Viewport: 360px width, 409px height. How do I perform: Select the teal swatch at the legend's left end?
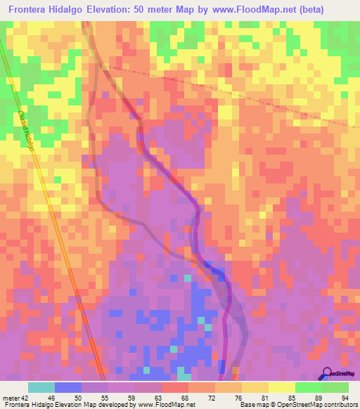pos(41,387)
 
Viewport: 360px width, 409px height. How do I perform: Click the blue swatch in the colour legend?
pos(68,387)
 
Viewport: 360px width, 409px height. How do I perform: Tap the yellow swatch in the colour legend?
pos(282,387)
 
